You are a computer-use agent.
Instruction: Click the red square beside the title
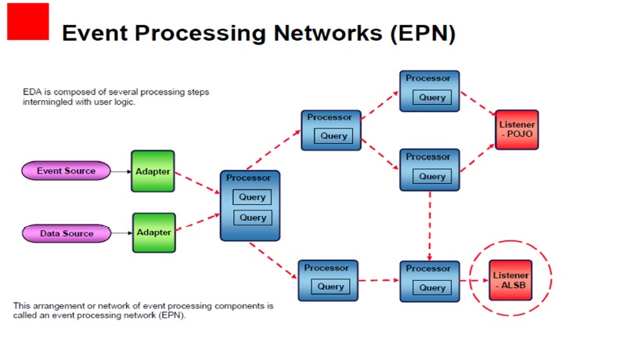(28, 21)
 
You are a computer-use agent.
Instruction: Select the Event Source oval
(66, 171)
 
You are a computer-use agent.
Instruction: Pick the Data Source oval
(67, 233)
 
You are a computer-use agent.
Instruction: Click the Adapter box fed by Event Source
(153, 171)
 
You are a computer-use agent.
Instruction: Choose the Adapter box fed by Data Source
(153, 232)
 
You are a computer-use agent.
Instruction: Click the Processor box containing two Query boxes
(250, 205)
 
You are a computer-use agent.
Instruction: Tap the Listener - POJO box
(517, 129)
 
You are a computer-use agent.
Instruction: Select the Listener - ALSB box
(510, 280)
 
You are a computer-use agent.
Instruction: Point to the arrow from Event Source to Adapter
(120, 171)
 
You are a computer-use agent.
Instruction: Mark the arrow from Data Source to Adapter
(121, 232)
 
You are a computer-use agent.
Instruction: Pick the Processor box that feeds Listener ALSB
(430, 281)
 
